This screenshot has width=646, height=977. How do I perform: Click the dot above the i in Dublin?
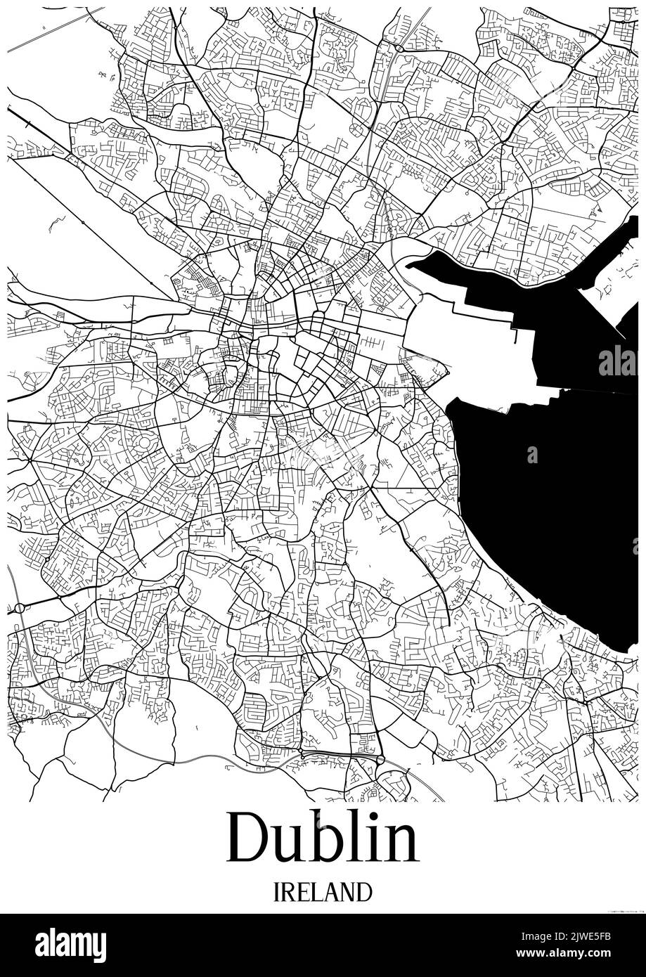(376, 817)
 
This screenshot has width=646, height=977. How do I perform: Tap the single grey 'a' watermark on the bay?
(532, 455)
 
